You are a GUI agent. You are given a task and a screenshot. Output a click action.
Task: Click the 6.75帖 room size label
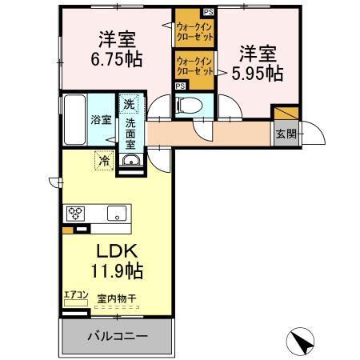[117, 60]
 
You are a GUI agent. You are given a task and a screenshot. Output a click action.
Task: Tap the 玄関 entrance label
[286, 134]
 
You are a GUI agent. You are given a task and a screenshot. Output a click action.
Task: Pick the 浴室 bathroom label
[100, 119]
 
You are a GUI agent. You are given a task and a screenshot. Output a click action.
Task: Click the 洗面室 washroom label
[130, 134]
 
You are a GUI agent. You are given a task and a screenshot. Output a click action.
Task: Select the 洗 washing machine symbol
[129, 103]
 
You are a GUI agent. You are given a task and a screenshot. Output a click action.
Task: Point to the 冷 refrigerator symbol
[104, 160]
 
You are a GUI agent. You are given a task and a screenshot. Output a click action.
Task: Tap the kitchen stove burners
[76, 213]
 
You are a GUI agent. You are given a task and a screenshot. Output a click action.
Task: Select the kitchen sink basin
[116, 213]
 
